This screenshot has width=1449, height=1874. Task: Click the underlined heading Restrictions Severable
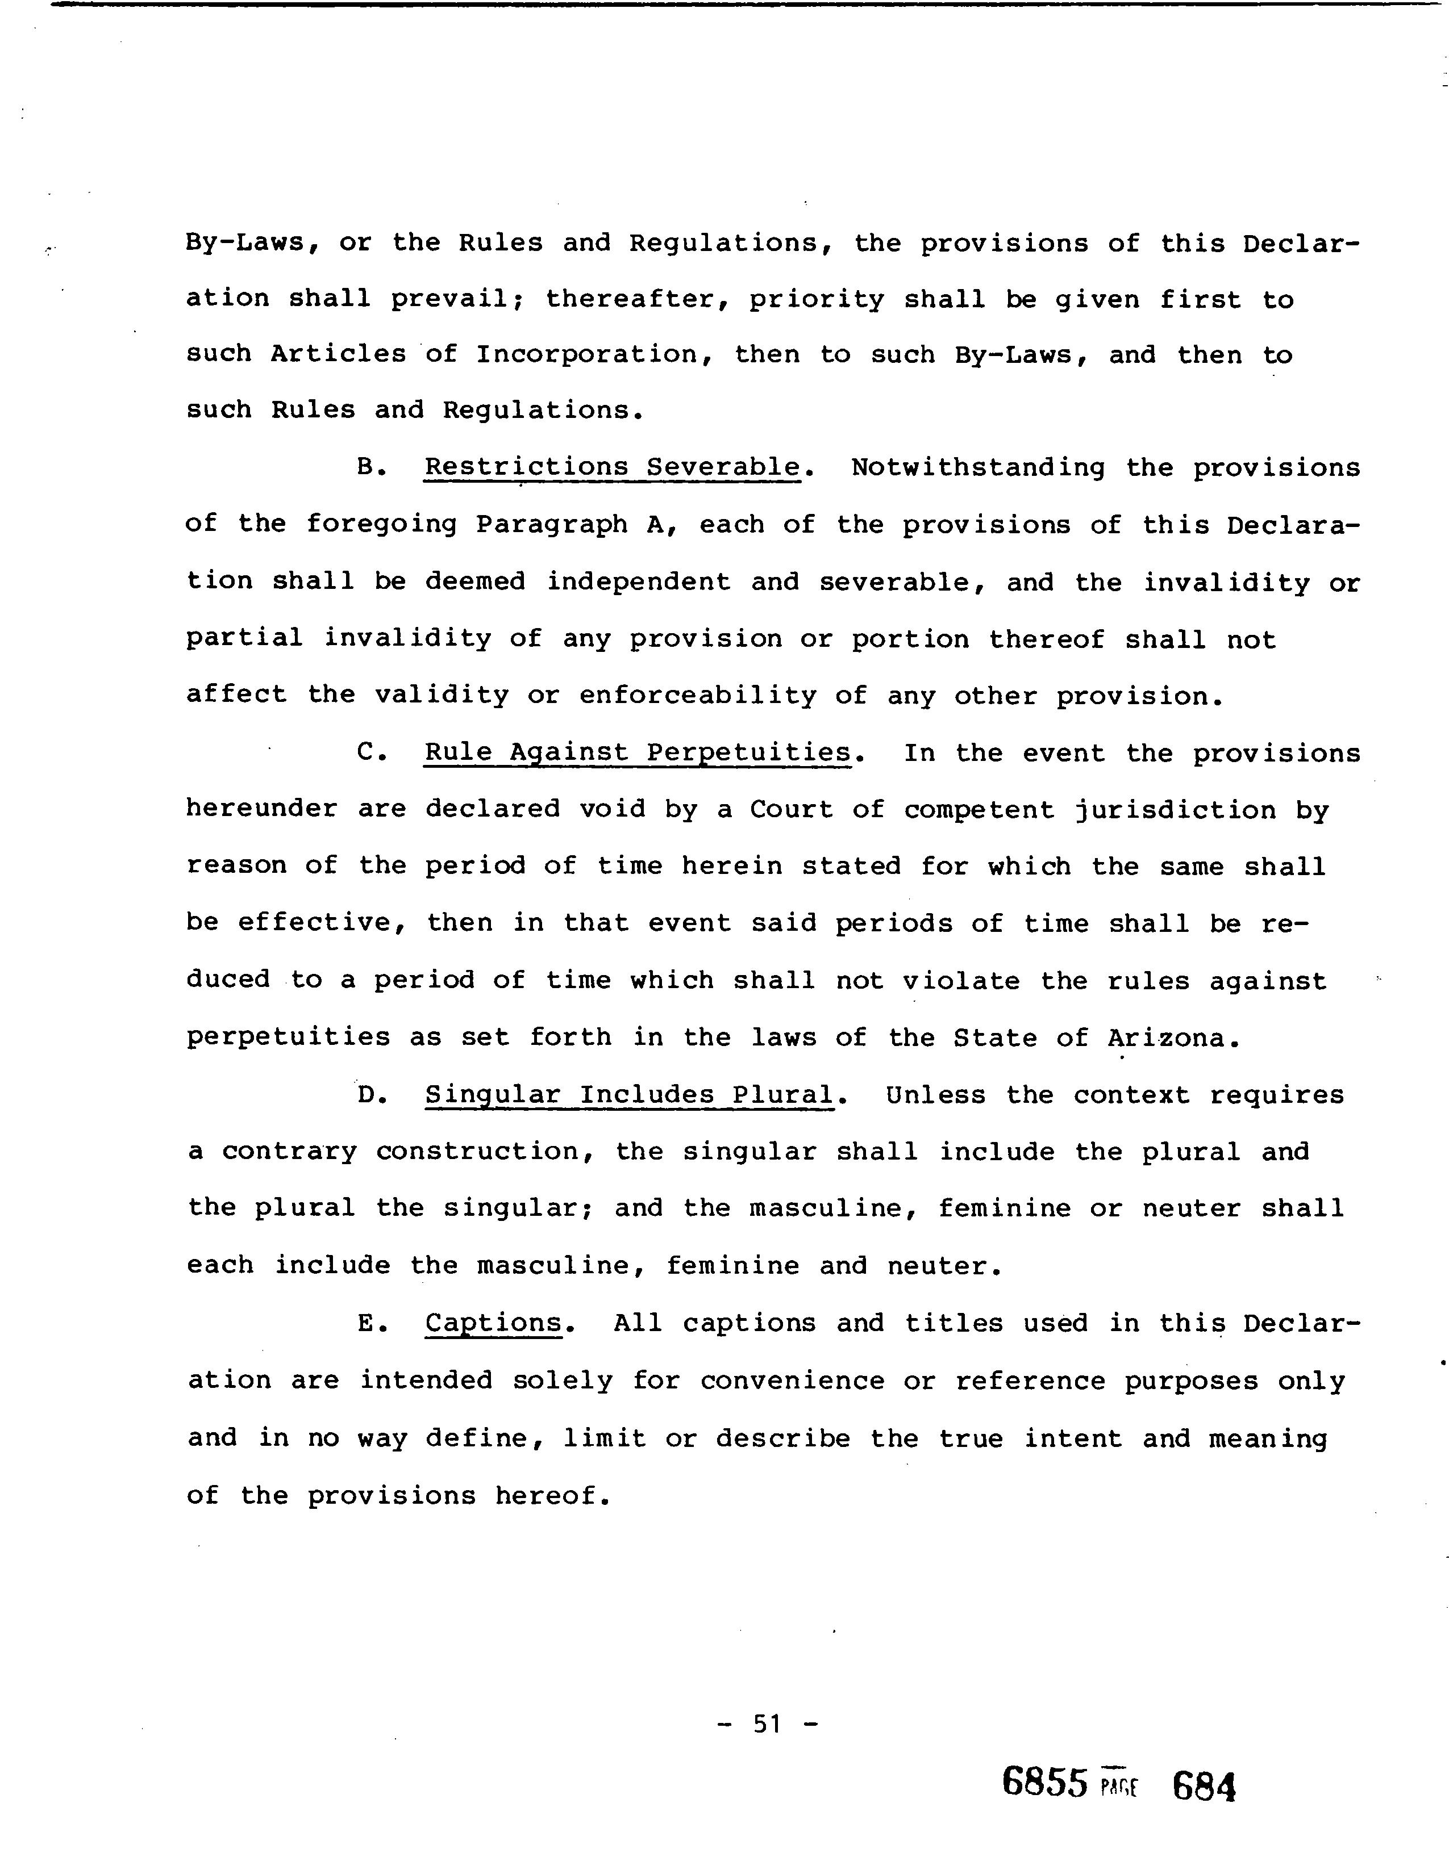tap(612, 467)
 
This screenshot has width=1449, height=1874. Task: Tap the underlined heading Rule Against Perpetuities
tap(638, 754)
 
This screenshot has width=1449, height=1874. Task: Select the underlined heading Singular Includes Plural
tap(629, 1096)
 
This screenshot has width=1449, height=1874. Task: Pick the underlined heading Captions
tap(494, 1323)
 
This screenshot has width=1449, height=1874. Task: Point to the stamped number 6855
tap(1044, 1783)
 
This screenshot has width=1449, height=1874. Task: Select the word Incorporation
tap(587, 354)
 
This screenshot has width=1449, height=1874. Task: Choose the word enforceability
tap(697, 696)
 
